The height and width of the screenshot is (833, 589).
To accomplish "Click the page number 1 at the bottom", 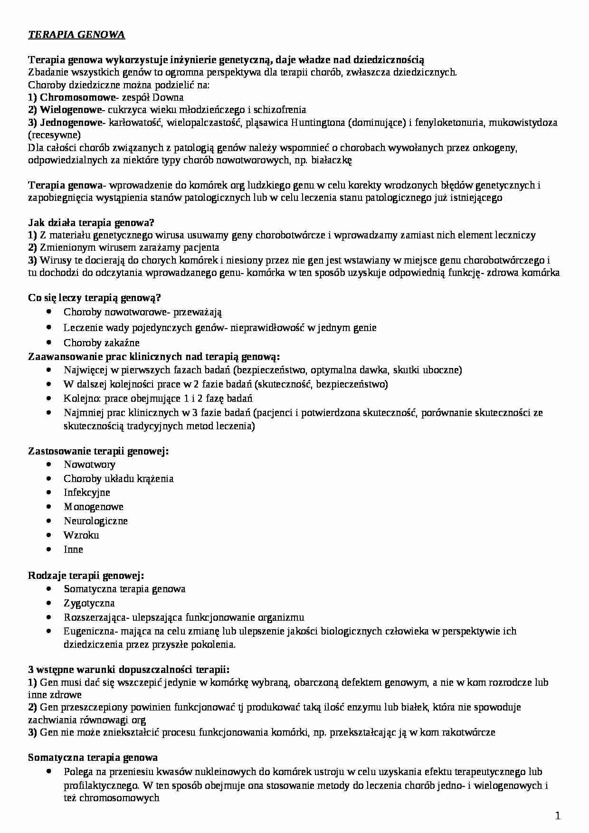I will point(558,816).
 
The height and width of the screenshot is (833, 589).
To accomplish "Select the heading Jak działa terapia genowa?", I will point(92,222).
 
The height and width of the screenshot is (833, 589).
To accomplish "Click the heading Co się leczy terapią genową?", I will point(95,298).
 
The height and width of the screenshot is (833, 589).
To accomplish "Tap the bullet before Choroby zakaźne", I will point(50,341).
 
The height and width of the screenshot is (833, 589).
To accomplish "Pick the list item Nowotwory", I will point(89,464).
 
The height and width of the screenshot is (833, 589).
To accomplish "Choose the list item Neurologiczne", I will point(95,521).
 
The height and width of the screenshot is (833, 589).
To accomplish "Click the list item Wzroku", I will point(81,535).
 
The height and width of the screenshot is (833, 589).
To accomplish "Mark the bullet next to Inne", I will point(50,549).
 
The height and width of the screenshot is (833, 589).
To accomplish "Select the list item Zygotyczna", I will point(89,603).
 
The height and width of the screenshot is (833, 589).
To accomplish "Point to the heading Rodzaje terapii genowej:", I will point(86,575).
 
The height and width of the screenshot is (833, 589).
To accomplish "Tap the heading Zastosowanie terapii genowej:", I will point(98,451).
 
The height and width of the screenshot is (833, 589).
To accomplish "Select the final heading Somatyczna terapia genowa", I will point(93,757).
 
